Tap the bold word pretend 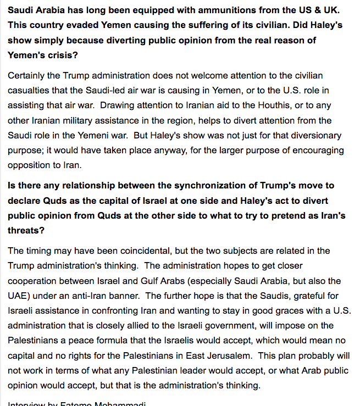tap(285, 216)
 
